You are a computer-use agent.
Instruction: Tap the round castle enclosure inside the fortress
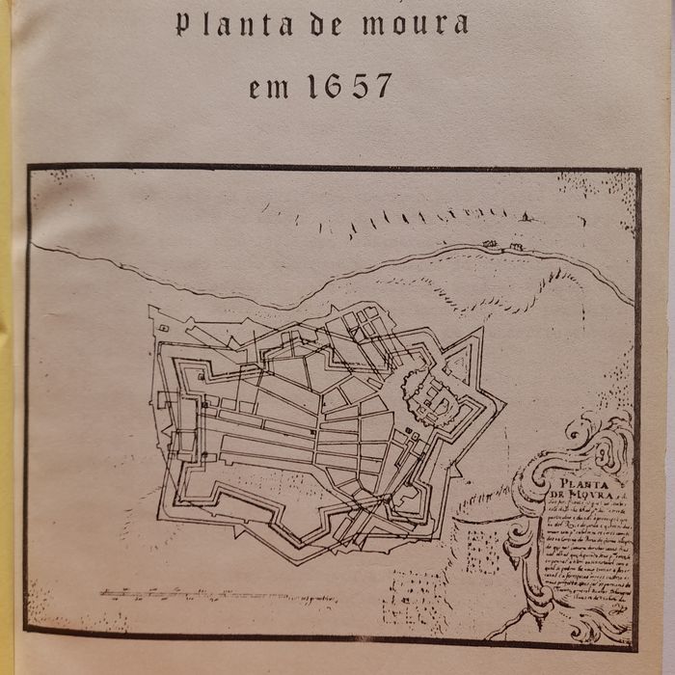pos(427,393)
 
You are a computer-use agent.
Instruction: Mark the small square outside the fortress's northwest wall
pos(165,329)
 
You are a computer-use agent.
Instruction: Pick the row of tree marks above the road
pos(424,216)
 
